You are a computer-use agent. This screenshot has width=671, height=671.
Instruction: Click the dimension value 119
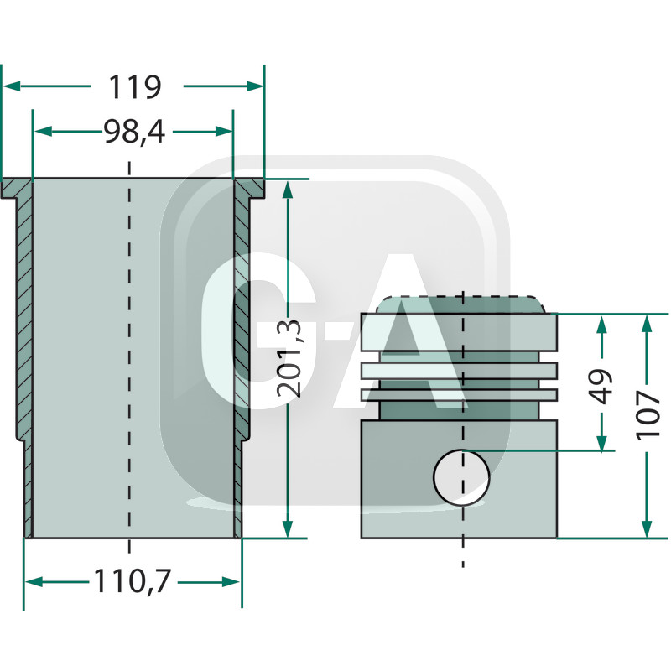point(134,86)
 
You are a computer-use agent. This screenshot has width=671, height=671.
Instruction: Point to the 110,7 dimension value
point(132,581)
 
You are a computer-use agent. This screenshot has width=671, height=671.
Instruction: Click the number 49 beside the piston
point(601,385)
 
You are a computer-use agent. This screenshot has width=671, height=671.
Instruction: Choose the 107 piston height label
point(647,414)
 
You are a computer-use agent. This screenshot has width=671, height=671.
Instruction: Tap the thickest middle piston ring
point(459,370)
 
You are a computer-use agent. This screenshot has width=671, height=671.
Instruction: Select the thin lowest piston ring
point(459,394)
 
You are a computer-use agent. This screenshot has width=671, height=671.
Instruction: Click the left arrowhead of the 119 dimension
point(10,86)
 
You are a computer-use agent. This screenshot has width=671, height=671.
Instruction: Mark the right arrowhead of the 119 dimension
point(257,86)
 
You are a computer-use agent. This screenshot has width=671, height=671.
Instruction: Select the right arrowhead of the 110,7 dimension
point(233,581)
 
